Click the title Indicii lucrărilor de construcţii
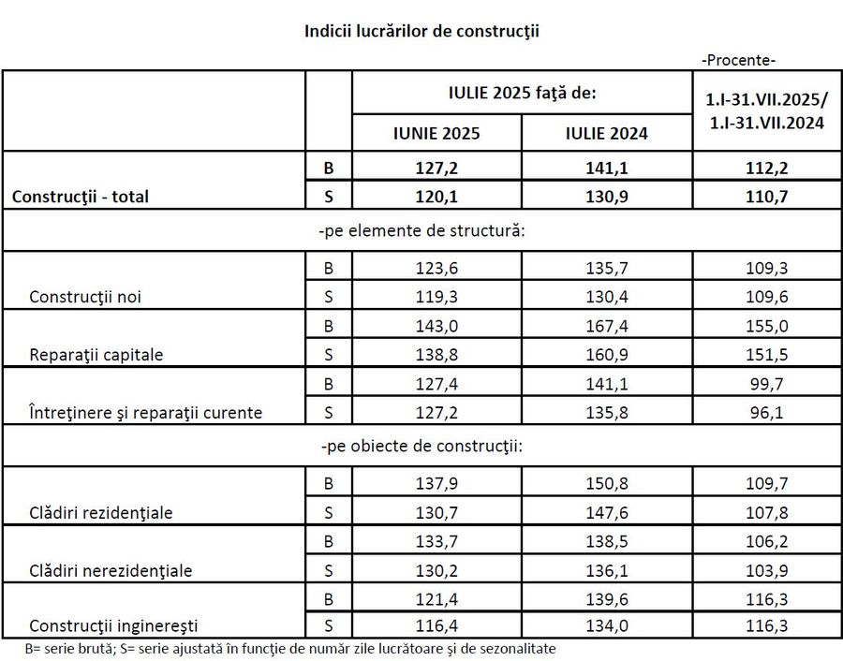pos(421,31)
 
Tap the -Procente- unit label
pos(738,60)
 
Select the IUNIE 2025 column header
pos(436,133)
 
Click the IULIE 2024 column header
pos(607,133)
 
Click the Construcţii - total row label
pos(81,197)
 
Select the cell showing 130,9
pos(607,197)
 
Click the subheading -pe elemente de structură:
pos(421,231)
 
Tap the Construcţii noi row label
pos(86,298)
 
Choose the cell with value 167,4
pos(607,327)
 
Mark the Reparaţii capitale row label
pos(96,356)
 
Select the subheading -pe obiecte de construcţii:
pos(421,446)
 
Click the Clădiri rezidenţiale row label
pos(101,513)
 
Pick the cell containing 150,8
pos(607,484)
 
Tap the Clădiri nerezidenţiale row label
pos(111,570)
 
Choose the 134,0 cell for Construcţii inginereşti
pos(607,625)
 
